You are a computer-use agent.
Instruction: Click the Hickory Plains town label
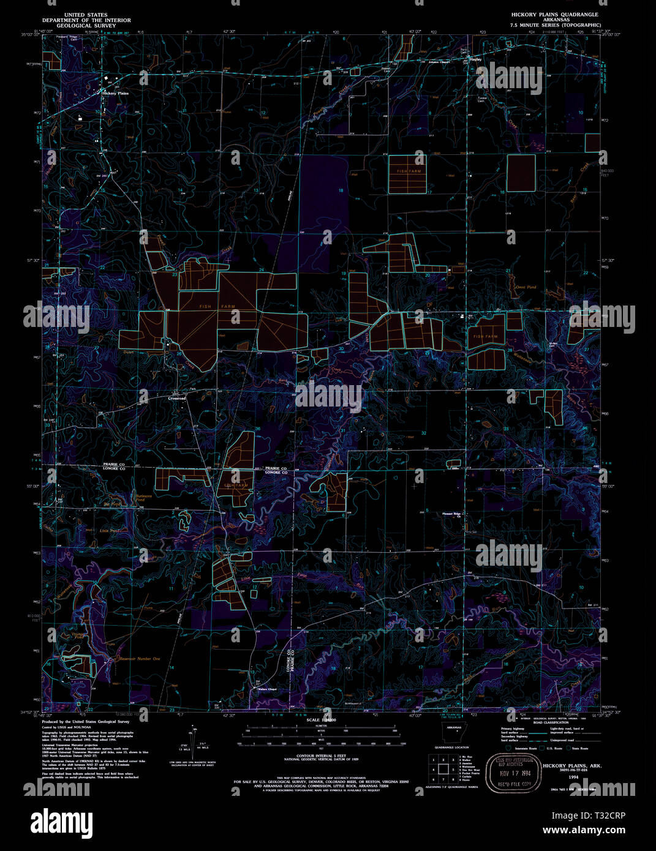pyautogui.click(x=115, y=93)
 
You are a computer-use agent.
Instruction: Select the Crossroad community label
pyautogui.click(x=177, y=398)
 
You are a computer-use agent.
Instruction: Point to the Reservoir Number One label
pyautogui.click(x=140, y=659)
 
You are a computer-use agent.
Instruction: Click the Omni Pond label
pyautogui.click(x=526, y=287)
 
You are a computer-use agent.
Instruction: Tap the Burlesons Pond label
pyautogui.click(x=144, y=498)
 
